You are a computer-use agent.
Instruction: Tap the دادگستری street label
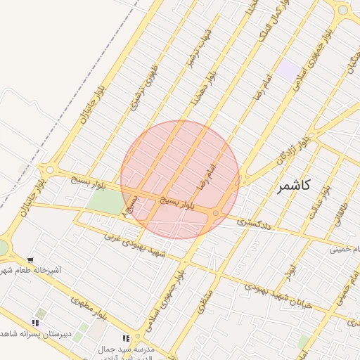(x=251, y=221)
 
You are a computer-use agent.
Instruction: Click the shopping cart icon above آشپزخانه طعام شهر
(x=30, y=260)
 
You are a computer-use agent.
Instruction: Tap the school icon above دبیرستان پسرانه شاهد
(x=35, y=323)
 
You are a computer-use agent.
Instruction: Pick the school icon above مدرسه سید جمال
(x=126, y=339)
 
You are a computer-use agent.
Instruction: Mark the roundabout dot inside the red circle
(x=215, y=213)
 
